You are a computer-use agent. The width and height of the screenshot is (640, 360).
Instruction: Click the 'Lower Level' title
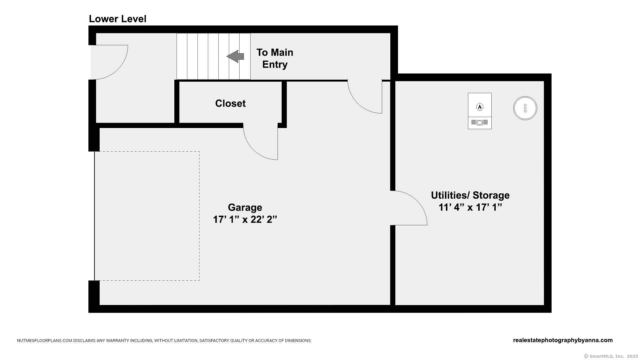117,19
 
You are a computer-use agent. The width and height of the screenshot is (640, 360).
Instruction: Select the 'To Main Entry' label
275,58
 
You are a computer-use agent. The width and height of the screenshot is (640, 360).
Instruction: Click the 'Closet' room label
230,103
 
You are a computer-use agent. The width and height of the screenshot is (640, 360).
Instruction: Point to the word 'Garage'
245,207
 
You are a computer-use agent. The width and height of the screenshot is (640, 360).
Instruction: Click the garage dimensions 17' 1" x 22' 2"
245,219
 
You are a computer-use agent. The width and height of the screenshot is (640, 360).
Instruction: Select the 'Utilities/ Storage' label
470,195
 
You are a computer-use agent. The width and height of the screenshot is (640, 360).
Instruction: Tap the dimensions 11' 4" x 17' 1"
470,207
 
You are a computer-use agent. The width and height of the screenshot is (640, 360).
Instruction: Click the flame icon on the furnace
480,107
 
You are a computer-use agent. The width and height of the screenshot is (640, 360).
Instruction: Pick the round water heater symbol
525,108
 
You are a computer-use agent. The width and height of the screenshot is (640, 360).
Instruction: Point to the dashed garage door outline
199,216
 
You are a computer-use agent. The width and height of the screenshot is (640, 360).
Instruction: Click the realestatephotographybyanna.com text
563,340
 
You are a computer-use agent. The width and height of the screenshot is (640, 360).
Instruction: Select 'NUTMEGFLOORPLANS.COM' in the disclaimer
45,341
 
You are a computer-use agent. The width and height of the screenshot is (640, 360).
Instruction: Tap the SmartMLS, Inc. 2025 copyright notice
611,356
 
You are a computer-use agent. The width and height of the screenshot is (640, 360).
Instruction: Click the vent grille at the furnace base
480,122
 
